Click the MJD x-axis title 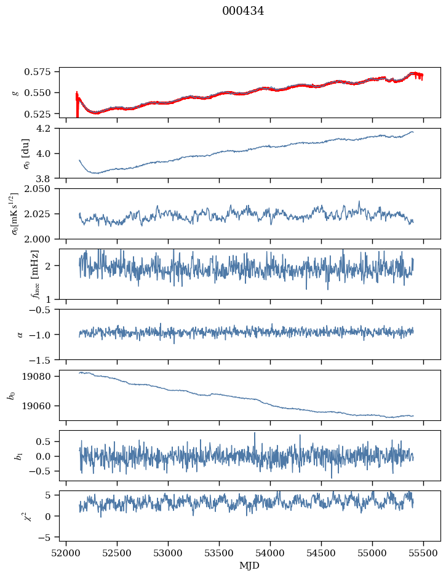250,566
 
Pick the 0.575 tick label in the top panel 42,72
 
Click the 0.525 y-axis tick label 42,114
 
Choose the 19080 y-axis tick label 42,377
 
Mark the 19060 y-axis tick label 42,406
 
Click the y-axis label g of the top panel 15,92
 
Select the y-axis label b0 11,395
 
